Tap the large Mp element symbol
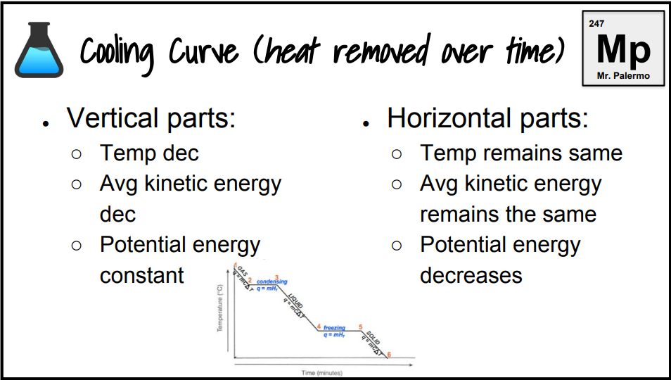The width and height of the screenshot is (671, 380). (x=623, y=48)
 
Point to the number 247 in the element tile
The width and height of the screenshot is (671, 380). (x=596, y=24)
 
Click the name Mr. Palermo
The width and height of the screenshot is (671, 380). (x=623, y=76)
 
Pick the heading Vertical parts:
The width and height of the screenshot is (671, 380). (x=151, y=118)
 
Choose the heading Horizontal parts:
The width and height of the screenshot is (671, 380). (x=487, y=118)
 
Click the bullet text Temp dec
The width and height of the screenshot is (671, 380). (x=149, y=153)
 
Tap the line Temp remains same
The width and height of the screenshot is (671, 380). (x=521, y=153)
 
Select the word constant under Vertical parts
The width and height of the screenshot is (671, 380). (x=142, y=275)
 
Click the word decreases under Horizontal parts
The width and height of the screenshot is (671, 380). (x=471, y=275)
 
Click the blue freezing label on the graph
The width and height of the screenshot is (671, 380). (x=334, y=328)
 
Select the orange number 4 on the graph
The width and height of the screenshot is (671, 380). (x=319, y=327)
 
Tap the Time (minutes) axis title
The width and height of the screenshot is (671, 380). (x=321, y=372)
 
